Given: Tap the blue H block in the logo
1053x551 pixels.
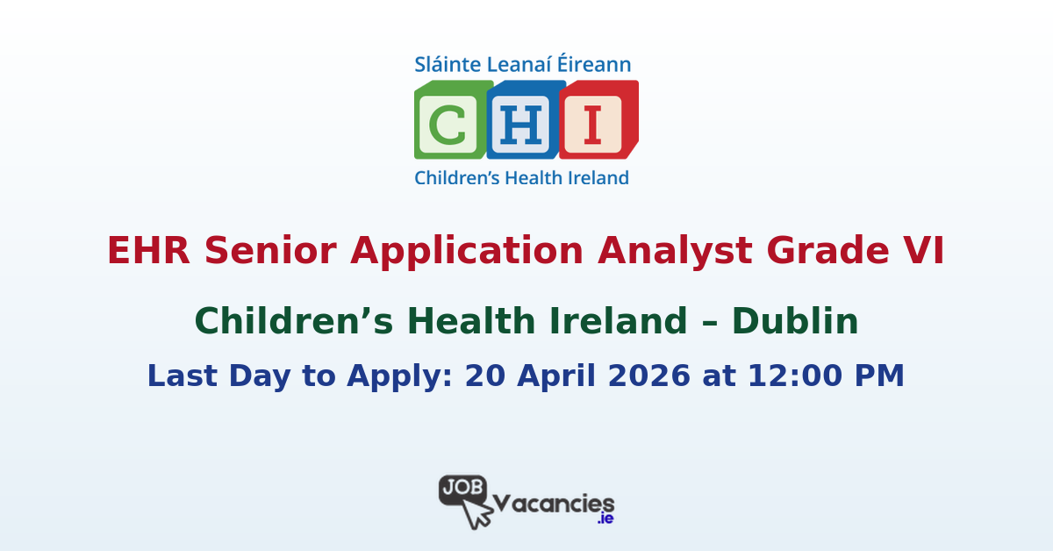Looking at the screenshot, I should click(x=524, y=120).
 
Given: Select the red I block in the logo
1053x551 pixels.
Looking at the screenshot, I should click(x=596, y=120).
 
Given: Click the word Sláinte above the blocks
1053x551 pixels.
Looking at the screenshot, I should click(x=445, y=65).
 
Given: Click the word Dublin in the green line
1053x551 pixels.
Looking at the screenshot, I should click(x=795, y=322).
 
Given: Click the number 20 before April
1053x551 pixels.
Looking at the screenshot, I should click(x=484, y=376).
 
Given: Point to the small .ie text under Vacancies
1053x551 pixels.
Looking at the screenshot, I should click(x=605, y=519).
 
